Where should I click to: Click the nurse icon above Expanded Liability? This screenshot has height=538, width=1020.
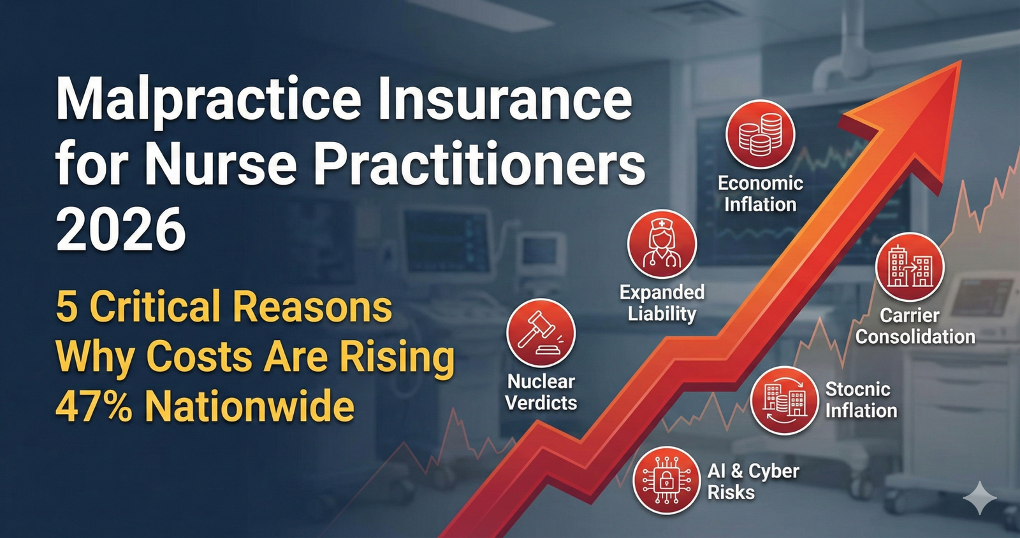click(x=662, y=244)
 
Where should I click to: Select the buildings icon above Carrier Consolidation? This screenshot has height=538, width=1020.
click(x=910, y=267)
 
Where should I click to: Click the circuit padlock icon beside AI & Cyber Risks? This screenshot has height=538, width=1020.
click(x=666, y=481)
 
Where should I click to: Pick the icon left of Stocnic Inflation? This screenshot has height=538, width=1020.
click(x=784, y=400)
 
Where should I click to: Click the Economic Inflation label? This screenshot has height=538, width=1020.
click(x=760, y=194)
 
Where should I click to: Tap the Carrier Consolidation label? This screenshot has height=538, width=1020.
click(x=915, y=326)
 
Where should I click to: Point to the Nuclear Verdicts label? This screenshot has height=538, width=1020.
click(x=541, y=392)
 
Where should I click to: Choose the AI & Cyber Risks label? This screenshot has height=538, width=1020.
click(x=753, y=481)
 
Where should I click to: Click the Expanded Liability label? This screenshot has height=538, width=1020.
click(x=662, y=303)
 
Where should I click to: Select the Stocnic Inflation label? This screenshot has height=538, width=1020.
click(x=861, y=400)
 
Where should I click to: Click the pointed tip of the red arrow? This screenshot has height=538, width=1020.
click(x=960, y=61)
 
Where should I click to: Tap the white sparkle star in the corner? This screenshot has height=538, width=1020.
click(x=980, y=498)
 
